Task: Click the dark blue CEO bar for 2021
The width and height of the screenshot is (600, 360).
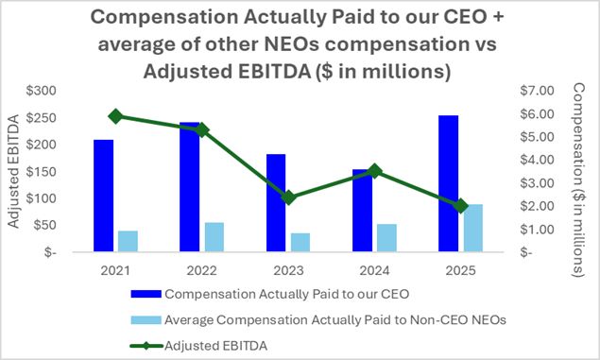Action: point(103,196)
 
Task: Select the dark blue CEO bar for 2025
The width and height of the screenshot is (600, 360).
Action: point(449,183)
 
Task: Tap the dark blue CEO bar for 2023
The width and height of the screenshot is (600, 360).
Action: point(276,203)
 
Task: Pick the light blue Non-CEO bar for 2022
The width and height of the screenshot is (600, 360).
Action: point(214,237)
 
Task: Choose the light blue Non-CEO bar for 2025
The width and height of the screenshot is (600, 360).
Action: point(473,228)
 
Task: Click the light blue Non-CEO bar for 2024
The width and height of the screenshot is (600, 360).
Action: point(386,238)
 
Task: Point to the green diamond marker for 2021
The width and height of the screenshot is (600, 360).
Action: point(115,116)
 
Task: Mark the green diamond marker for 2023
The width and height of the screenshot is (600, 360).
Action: point(288,197)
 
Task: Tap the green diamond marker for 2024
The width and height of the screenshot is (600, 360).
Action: point(374,171)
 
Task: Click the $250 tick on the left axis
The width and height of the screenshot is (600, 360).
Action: point(41,118)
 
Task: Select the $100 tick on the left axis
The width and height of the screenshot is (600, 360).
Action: point(41,198)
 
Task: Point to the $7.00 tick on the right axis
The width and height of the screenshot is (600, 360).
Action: point(538,91)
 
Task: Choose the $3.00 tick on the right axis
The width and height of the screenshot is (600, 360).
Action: point(538,183)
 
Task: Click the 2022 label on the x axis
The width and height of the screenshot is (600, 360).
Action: point(201,271)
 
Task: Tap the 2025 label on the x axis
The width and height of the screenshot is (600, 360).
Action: point(461,271)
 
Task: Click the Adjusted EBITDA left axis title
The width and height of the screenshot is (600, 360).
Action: point(13,171)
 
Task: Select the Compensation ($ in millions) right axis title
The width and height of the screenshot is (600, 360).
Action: point(578,180)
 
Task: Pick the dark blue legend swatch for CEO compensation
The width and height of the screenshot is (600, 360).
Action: point(146,294)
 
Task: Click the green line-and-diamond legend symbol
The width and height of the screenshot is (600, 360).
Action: point(146,346)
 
